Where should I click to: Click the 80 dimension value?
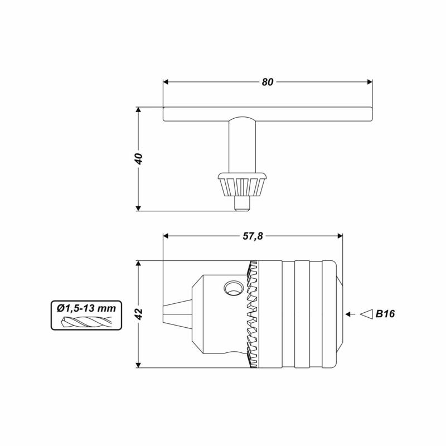tap(268, 82)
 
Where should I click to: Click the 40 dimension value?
tap(138, 159)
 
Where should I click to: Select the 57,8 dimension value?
tap(253, 236)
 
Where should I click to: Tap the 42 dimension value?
tap(138, 314)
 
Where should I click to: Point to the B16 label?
tap(385, 314)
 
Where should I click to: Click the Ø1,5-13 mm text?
tap(86, 308)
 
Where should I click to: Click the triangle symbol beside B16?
tap(367, 314)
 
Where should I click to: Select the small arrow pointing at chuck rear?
tap(351, 314)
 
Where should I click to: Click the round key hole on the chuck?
tap(234, 288)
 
